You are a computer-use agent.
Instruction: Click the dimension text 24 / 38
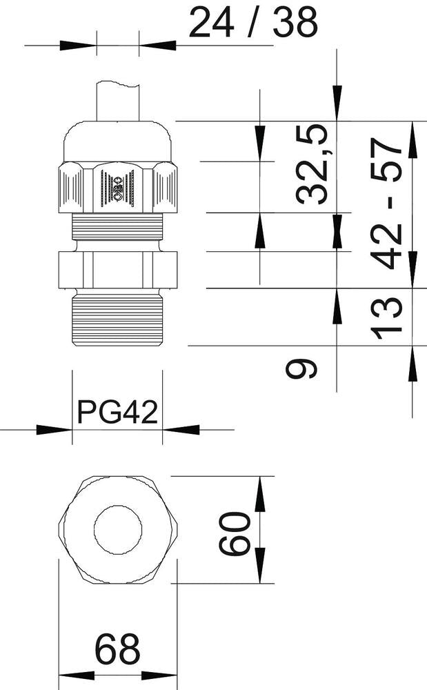[253, 23]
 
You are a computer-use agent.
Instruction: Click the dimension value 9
[301, 368]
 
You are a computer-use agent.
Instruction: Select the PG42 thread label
[117, 412]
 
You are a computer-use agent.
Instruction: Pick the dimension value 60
[235, 533]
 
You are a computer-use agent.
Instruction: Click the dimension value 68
[117, 649]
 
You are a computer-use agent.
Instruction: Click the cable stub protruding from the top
[118, 101]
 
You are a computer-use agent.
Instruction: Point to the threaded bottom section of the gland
[117, 314]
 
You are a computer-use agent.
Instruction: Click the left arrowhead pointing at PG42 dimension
[54, 430]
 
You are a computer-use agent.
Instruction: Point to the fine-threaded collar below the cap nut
[117, 226]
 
